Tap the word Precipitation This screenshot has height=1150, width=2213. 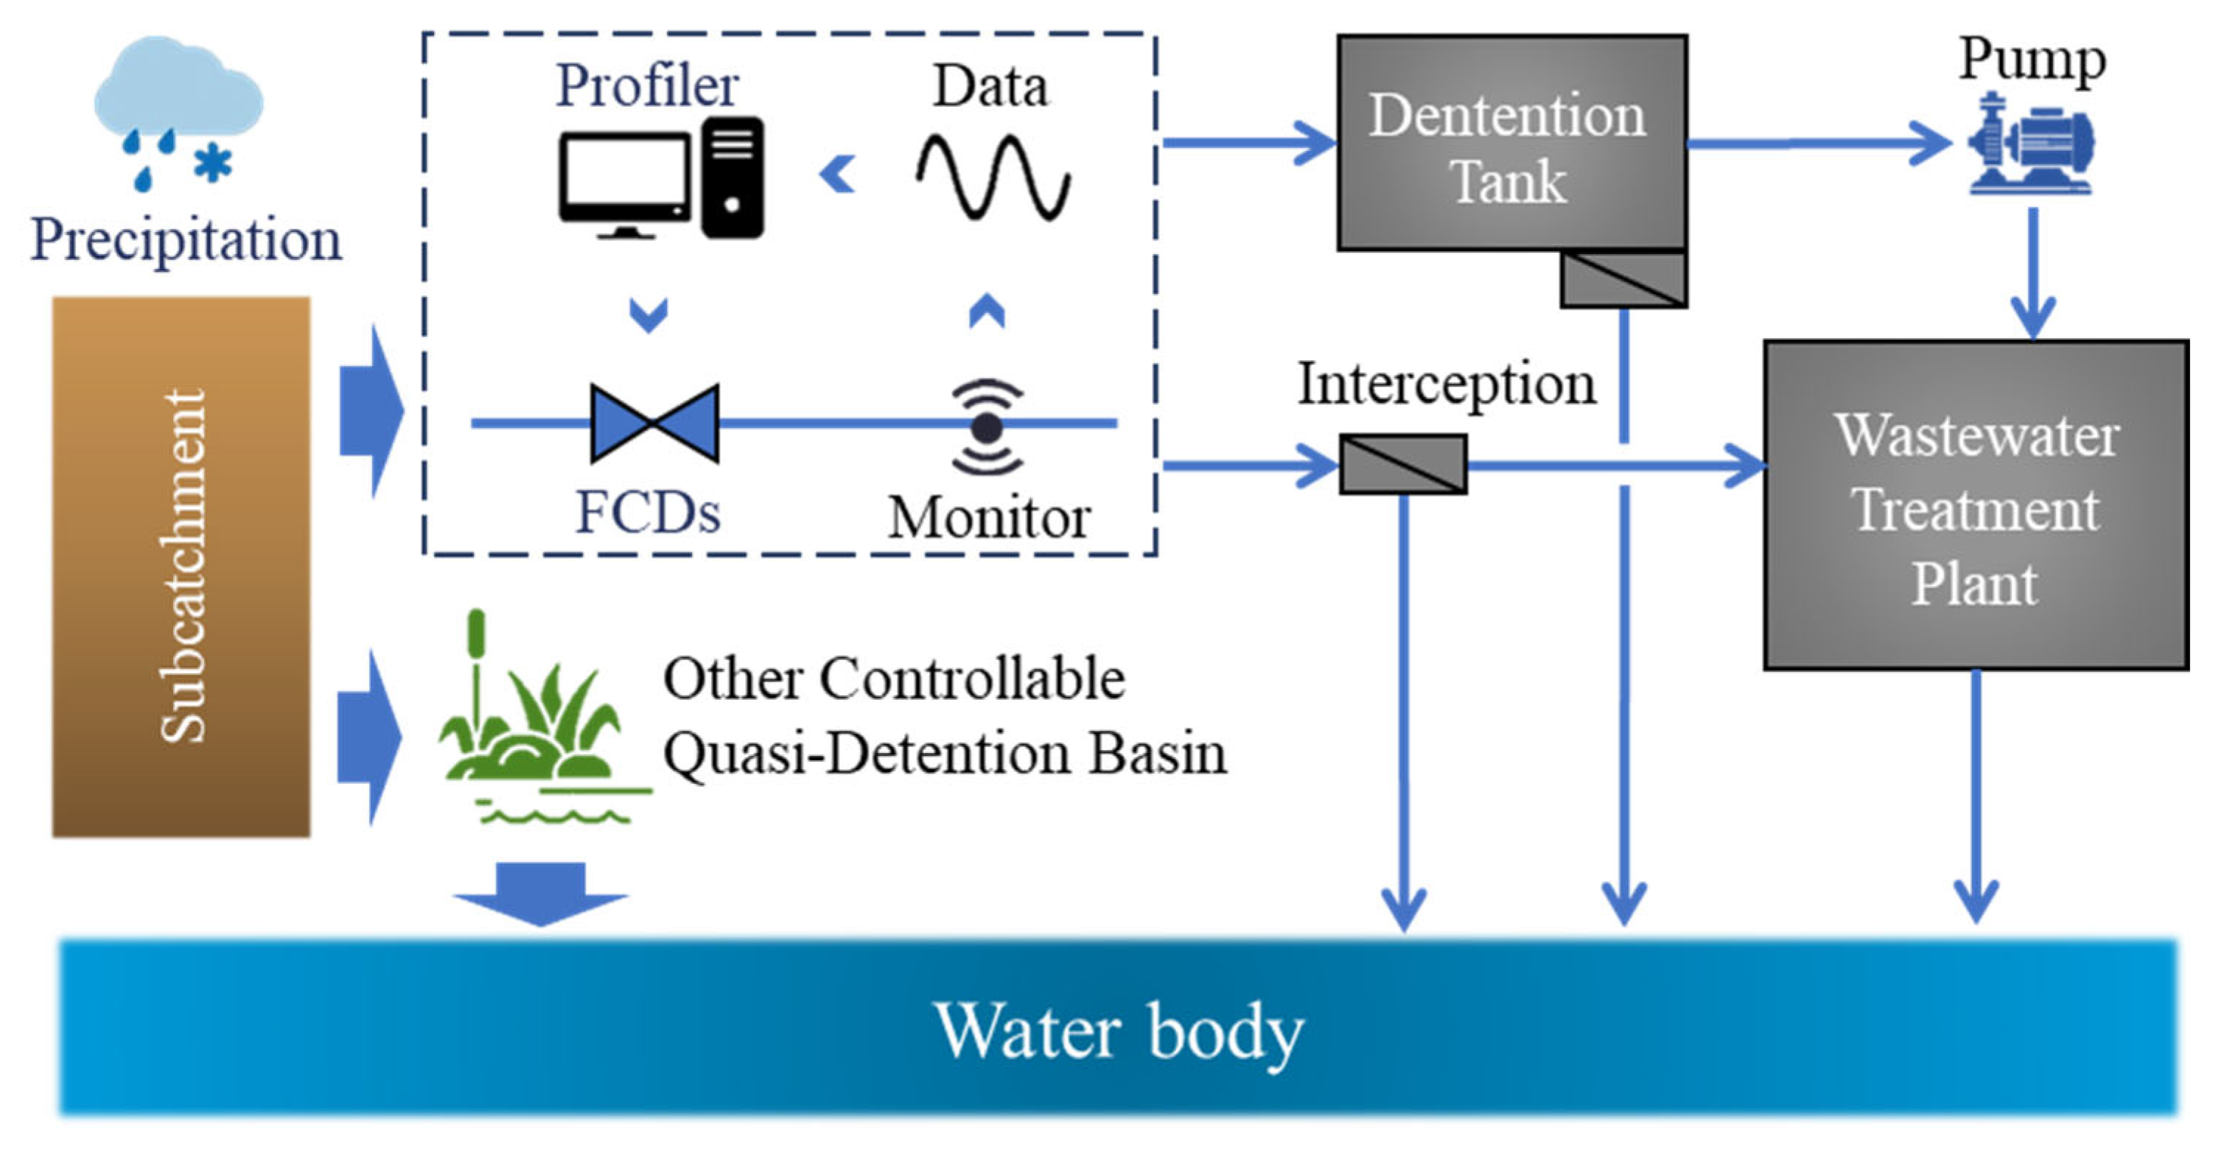186,239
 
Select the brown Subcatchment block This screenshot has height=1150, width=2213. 181,567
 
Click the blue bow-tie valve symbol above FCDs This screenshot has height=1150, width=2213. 654,423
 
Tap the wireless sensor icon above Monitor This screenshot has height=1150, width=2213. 987,427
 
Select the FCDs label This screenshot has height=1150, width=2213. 648,513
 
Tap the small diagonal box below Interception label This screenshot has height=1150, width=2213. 1403,465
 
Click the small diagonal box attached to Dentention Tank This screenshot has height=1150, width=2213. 1623,279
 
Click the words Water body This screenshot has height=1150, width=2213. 1119,1030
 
